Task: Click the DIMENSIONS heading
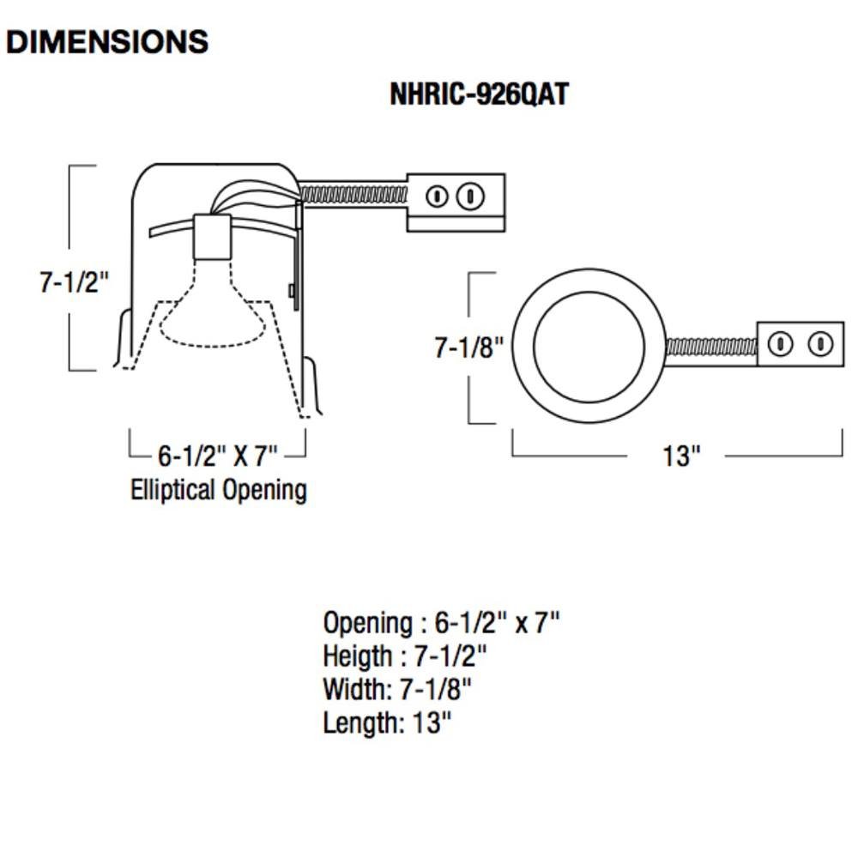[x=107, y=41]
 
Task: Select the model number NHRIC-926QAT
[x=479, y=94]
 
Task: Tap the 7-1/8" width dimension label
[x=468, y=347]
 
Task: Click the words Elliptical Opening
[x=219, y=490]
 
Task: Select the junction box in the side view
[x=455, y=202]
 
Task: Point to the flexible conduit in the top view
[x=710, y=347]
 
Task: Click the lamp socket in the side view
[x=213, y=236]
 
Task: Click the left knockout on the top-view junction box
[x=779, y=345]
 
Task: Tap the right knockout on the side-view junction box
[x=468, y=196]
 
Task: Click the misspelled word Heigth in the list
[x=357, y=656]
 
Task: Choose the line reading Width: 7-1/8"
[x=397, y=689]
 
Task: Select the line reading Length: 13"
[x=386, y=722]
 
